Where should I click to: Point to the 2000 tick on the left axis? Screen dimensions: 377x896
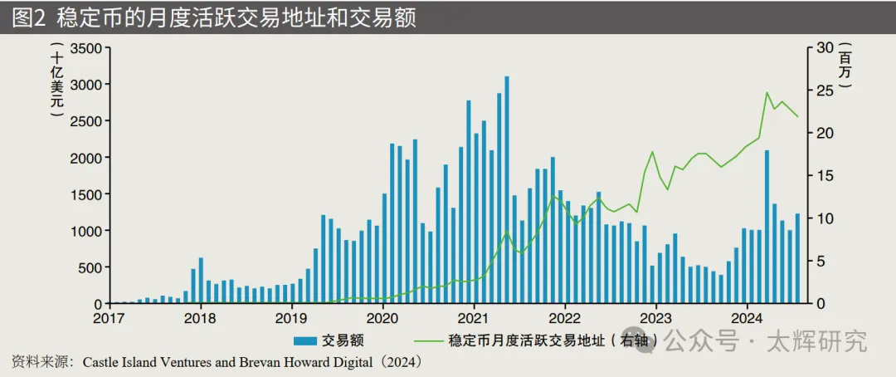click(86, 157)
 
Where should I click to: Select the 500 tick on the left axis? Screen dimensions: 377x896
click(90, 267)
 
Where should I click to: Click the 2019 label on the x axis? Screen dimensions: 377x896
click(290, 318)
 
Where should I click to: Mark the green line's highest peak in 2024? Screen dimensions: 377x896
click(767, 92)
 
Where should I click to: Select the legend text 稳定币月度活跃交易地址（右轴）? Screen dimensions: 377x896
click(554, 340)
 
